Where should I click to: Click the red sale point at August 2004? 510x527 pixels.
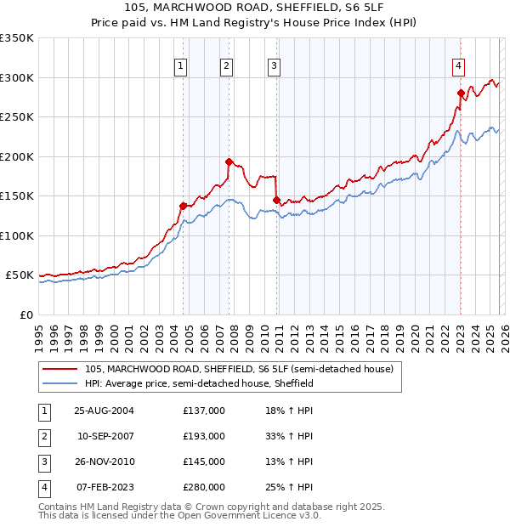[183, 206]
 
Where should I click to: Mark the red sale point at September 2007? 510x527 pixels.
[229, 161]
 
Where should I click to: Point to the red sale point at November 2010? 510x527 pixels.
[276, 200]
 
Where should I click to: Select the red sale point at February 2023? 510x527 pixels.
[460, 93]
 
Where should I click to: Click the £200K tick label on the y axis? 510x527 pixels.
[17, 156]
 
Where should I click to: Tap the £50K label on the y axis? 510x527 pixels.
[20, 275]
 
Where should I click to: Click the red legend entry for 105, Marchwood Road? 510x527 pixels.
[238, 370]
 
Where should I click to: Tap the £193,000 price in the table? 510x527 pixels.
[204, 436]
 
